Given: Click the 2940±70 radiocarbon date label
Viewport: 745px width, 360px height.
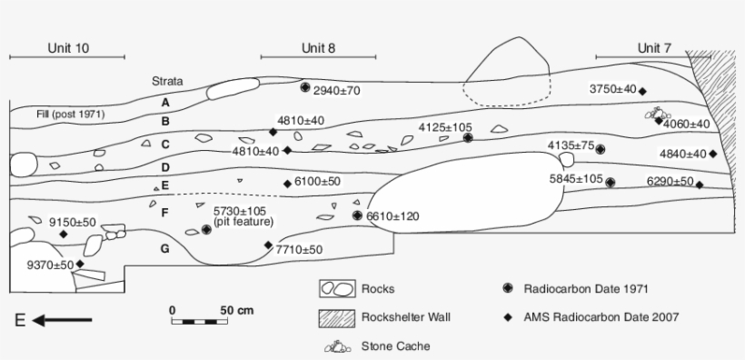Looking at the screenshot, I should coord(337,91).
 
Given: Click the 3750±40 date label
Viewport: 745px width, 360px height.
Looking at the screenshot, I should coord(612,89).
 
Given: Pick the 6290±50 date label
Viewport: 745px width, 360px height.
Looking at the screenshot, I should coord(670,182).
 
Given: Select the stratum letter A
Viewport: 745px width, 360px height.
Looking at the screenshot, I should coord(165,102).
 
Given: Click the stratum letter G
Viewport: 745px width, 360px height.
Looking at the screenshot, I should coord(164,247).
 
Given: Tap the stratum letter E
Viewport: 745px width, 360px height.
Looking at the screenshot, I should coord(165,185).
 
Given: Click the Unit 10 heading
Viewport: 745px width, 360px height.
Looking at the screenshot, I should coord(68,48).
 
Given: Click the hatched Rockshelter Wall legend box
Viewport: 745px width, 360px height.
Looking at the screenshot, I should coord(335,317).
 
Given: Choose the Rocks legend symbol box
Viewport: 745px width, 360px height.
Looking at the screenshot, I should coord(335,289).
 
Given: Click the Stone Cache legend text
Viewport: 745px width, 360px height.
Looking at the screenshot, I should coord(395,345).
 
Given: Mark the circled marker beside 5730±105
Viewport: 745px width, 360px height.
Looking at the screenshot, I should coord(205,230).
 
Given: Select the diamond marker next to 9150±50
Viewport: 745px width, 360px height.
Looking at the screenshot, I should coord(64,235).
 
